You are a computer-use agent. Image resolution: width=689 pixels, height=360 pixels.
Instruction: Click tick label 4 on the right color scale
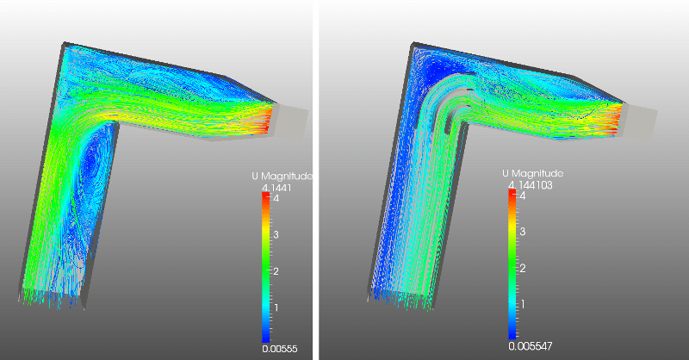point(522,196)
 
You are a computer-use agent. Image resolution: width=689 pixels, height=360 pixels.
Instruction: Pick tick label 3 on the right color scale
point(522,233)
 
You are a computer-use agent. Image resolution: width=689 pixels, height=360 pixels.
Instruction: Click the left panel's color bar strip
point(266,267)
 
